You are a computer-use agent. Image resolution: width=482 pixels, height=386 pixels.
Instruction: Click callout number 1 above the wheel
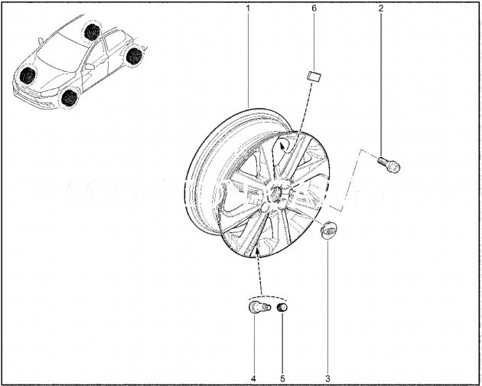click(247, 8)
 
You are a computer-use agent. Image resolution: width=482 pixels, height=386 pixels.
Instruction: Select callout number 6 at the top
click(314, 8)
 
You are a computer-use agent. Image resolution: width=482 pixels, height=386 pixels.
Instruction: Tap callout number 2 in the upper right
click(381, 8)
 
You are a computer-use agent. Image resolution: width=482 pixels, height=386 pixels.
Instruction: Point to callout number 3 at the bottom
click(327, 378)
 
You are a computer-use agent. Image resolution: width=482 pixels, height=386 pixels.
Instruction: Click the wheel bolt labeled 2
click(389, 164)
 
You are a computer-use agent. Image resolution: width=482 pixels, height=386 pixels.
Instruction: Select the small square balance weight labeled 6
click(314, 76)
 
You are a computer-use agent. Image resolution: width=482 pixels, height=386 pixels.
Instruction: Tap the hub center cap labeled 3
click(329, 229)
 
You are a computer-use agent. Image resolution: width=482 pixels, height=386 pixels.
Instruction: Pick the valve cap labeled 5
click(282, 307)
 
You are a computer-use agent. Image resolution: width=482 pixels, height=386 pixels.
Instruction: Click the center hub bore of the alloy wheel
click(275, 193)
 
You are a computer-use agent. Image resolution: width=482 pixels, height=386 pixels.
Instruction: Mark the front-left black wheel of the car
click(69, 98)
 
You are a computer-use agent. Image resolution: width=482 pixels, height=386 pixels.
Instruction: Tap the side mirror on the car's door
click(90, 67)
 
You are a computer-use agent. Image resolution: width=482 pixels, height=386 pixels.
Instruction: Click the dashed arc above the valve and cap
click(268, 297)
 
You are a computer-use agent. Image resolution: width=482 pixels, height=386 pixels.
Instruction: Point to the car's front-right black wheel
click(28, 76)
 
